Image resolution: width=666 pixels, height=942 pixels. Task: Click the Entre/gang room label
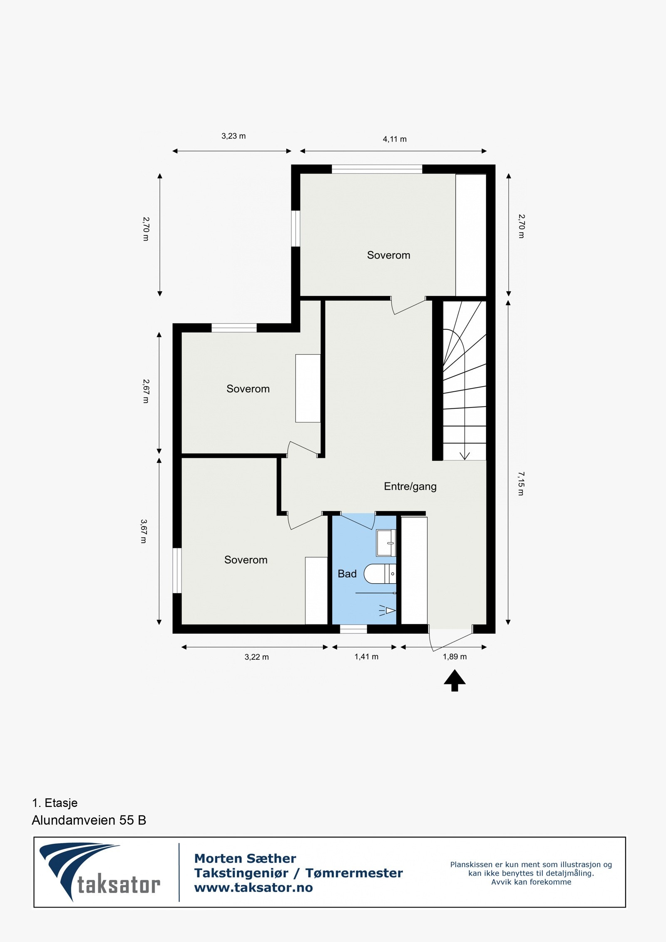(410, 486)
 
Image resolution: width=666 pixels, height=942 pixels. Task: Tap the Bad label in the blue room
(347, 574)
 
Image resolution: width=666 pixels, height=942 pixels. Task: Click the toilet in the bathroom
(379, 574)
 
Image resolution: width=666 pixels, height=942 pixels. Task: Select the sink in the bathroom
(385, 543)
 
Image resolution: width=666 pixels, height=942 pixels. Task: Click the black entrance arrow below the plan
(455, 681)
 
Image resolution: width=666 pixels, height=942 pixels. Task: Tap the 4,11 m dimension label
(395, 139)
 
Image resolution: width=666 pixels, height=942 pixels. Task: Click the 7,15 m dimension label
(521, 483)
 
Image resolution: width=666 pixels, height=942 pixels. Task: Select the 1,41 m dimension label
(366, 656)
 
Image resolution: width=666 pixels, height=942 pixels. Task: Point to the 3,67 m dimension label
(144, 531)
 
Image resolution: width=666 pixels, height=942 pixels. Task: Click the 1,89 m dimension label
(455, 656)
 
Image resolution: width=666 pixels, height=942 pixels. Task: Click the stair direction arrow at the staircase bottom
(465, 455)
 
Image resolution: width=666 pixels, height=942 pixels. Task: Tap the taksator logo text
(119, 885)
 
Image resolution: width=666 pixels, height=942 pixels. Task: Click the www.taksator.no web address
(253, 887)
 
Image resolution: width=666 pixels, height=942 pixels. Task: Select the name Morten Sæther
(245, 858)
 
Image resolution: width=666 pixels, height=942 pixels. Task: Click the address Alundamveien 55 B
(89, 820)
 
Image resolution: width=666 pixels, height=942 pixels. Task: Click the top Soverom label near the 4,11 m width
(388, 255)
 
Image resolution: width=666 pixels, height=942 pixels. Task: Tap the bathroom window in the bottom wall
(353, 629)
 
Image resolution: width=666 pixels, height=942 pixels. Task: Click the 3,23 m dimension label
(234, 136)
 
